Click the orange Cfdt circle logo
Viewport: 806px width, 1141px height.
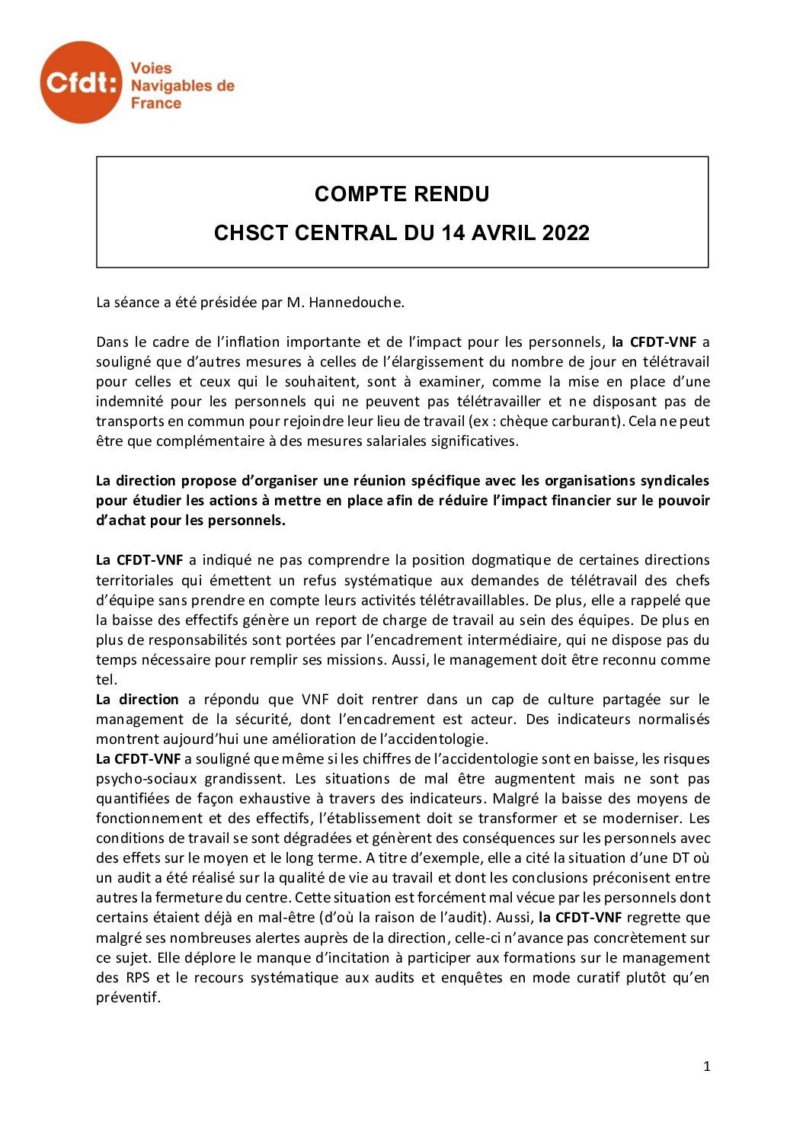point(81,82)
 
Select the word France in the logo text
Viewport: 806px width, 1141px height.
point(156,103)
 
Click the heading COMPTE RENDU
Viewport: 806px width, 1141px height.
point(402,194)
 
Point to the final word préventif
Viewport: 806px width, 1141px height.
point(128,997)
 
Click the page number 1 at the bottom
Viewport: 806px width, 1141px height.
point(706,1067)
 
